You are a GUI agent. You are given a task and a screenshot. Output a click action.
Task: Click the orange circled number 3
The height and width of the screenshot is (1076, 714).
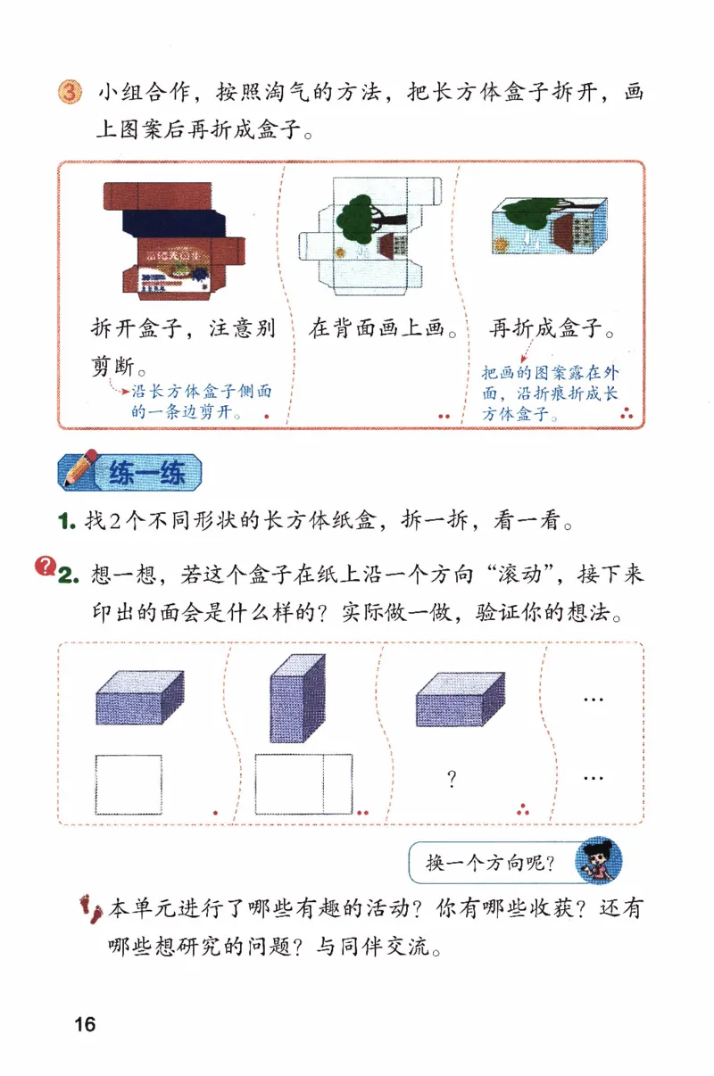[x=71, y=93]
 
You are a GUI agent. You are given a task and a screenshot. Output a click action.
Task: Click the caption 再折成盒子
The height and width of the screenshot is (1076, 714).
[x=552, y=328]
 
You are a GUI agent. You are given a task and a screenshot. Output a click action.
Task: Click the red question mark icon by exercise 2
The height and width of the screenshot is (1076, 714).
[x=43, y=565]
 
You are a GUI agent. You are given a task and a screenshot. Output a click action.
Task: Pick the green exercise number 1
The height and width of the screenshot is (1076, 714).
[x=64, y=520]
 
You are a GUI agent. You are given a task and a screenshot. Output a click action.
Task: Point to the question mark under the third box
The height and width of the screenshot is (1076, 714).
[x=452, y=780]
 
